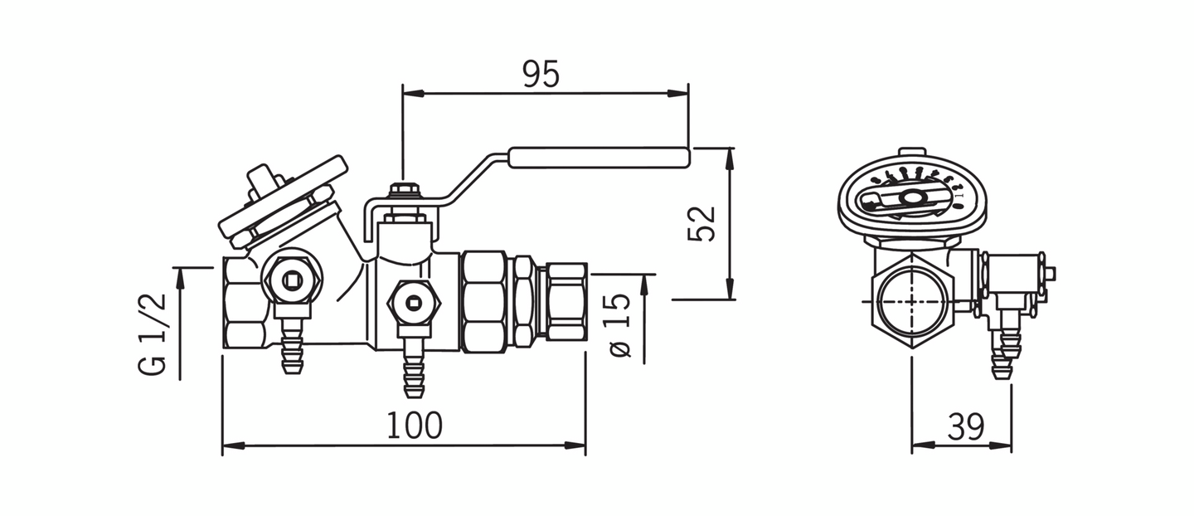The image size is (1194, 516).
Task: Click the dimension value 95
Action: coord(541,75)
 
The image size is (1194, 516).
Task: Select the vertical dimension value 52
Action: coord(701,224)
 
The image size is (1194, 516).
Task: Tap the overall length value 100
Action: coord(415,426)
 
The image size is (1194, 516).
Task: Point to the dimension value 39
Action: coord(965,427)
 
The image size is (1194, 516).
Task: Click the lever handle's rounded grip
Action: coord(597,158)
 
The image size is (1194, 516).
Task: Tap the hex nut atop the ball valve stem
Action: coord(402,191)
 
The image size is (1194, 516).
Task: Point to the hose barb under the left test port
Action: coord(290,349)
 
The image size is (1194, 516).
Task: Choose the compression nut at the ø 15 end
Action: coord(565,301)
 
